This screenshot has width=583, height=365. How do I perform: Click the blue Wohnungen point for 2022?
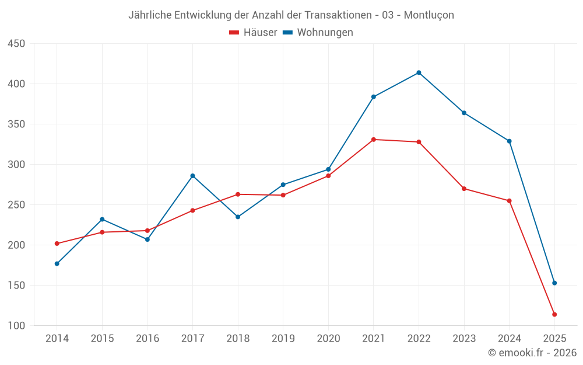419,72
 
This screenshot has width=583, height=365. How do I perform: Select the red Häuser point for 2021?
374,140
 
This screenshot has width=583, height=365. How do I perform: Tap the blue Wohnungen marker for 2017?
192,176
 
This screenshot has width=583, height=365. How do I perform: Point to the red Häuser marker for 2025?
554,314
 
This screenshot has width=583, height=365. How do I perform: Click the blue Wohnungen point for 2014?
57,263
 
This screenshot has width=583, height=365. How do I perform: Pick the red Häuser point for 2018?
238,194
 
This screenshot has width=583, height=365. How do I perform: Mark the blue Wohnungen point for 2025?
554,283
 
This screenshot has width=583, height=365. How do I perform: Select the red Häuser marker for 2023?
464,189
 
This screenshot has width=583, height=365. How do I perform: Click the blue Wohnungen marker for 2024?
509,141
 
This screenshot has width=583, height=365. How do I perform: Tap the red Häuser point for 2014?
57,244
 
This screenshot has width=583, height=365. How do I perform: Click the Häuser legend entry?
253,33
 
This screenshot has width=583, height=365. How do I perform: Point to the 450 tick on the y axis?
16,44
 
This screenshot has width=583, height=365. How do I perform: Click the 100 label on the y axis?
16,326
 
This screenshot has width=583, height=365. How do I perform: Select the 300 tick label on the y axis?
16,165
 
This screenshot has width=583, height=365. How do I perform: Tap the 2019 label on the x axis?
283,339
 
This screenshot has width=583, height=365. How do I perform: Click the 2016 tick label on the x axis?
147,339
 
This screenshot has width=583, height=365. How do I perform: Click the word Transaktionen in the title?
338,15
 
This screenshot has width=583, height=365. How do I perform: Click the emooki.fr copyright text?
532,353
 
